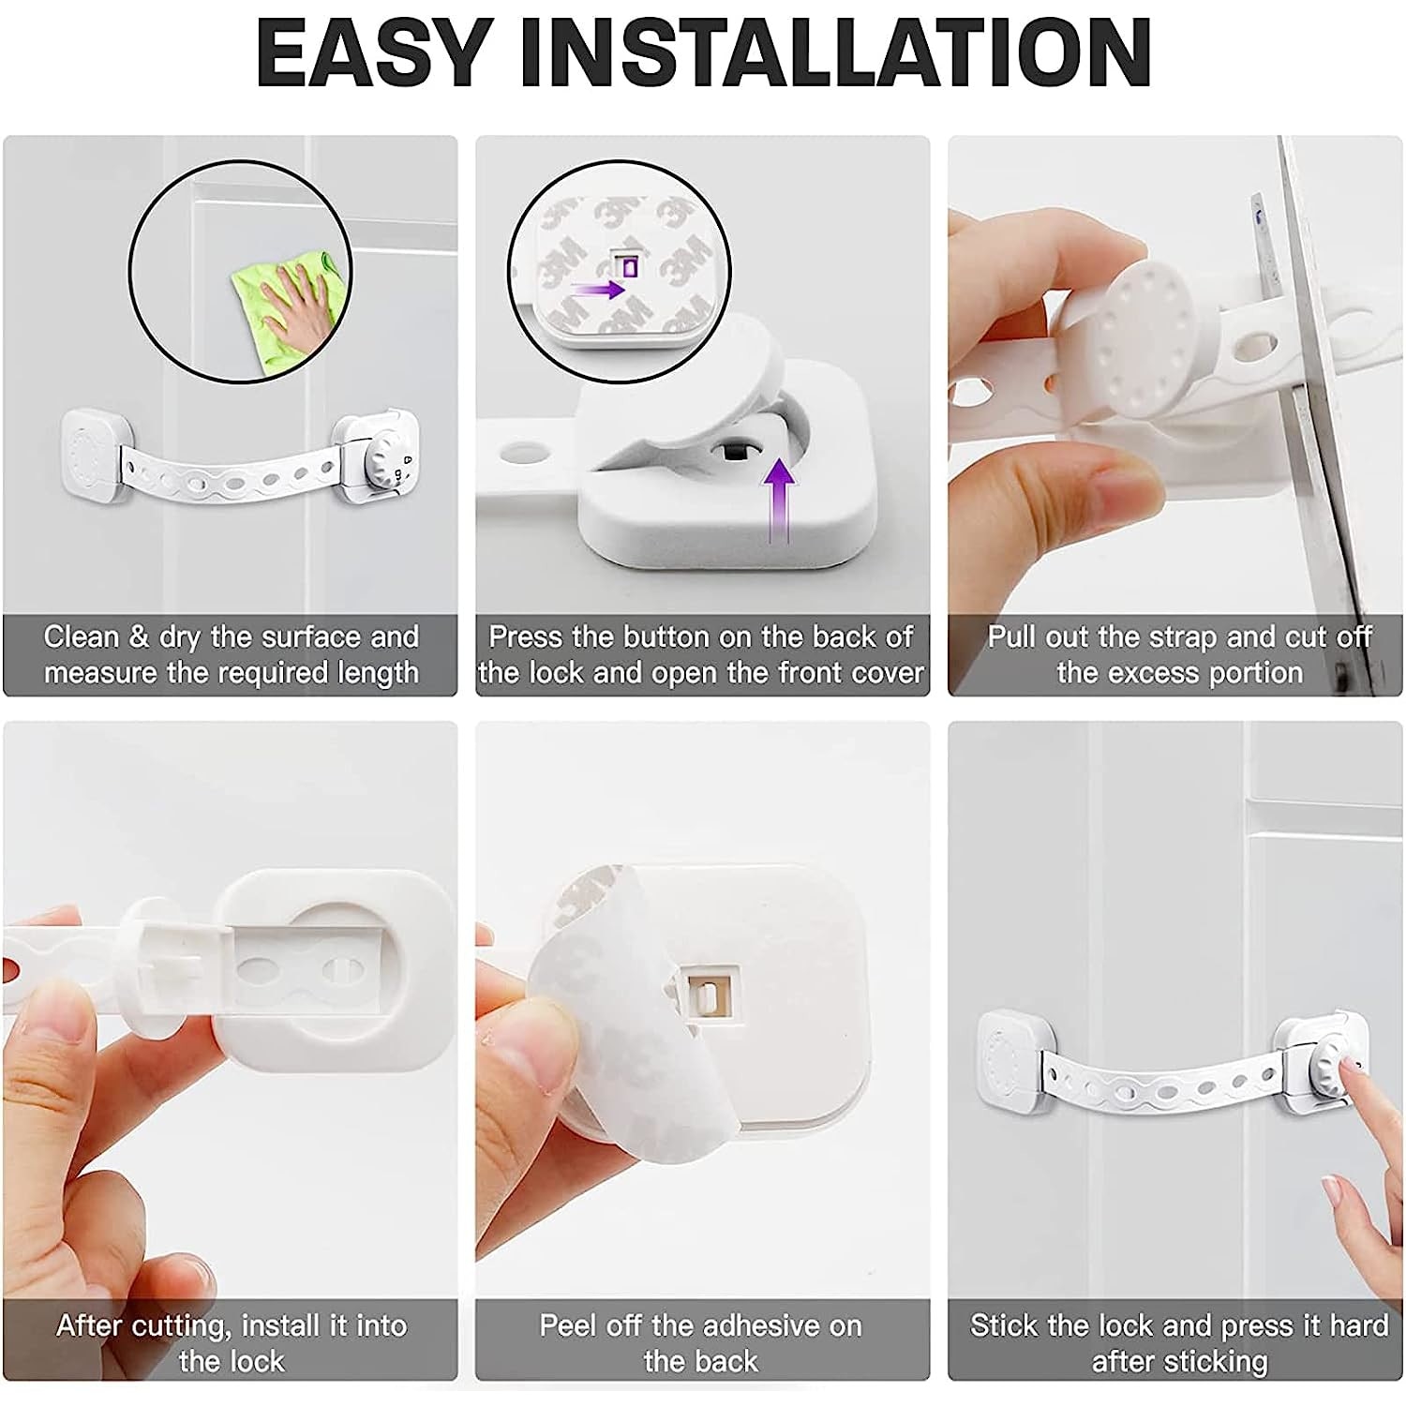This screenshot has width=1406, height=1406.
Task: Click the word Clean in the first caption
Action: [x=82, y=636]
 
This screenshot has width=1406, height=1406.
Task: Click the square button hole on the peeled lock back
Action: [x=710, y=995]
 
